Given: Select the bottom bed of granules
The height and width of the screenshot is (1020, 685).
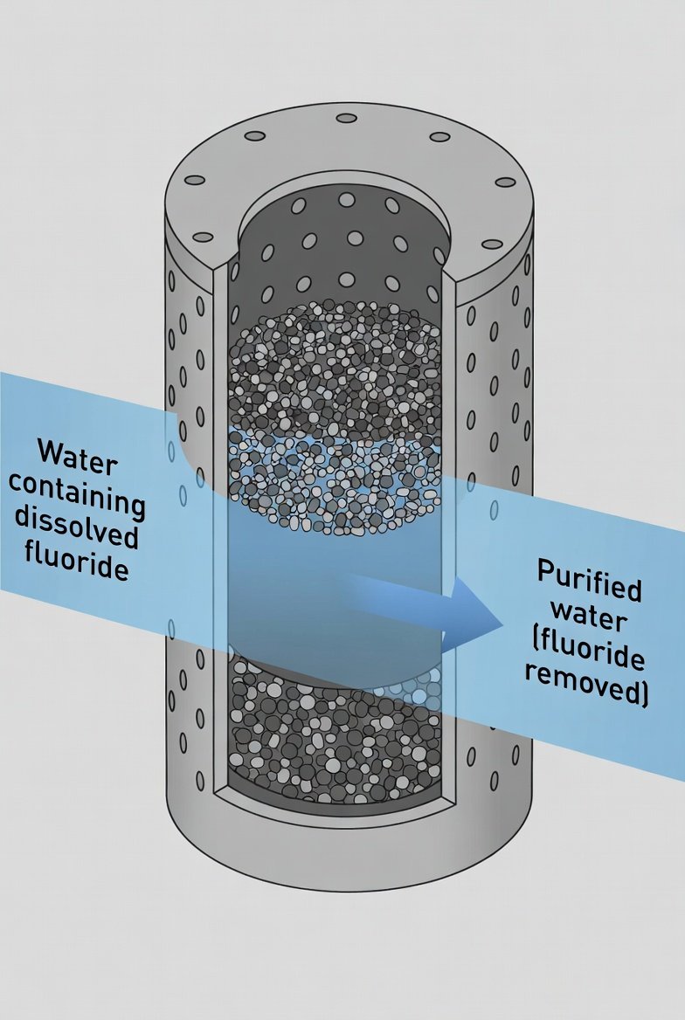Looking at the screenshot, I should [336, 734].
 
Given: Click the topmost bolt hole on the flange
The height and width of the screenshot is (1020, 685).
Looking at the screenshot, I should [347, 118].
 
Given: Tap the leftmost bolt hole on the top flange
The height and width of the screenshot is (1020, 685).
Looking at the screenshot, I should [194, 181].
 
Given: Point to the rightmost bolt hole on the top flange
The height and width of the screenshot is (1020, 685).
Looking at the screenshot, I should [505, 182].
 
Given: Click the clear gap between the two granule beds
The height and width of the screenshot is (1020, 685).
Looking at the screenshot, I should [336, 594].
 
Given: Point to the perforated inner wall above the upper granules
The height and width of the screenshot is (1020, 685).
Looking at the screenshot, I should [345, 253].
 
